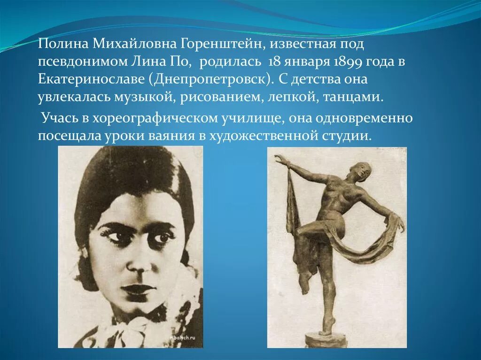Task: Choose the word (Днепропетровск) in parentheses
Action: coord(211,79)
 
